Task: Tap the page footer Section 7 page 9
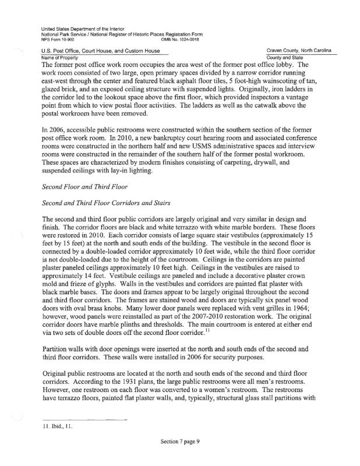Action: [180, 442]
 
